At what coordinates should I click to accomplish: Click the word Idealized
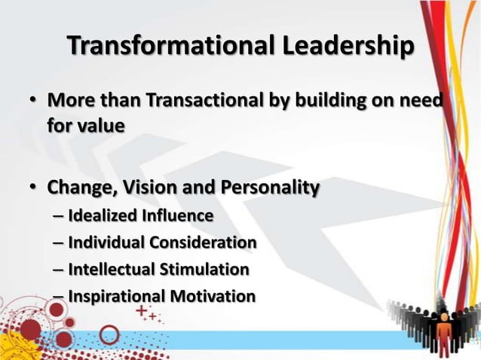[101, 216]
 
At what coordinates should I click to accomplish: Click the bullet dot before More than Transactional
[35, 102]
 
